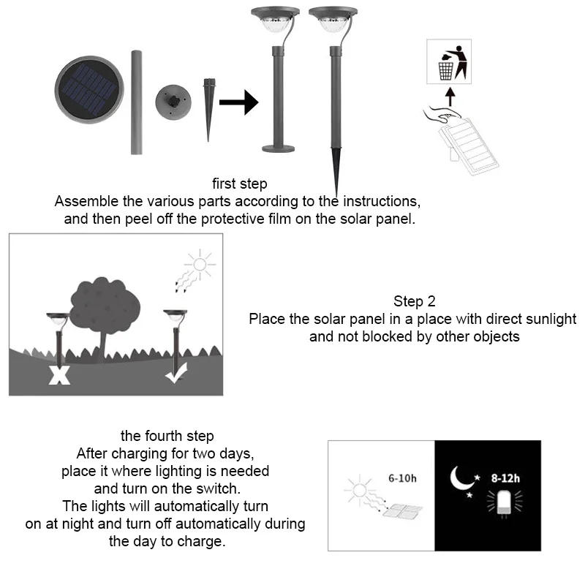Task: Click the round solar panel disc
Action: [x=88, y=89]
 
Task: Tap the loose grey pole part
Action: [x=136, y=102]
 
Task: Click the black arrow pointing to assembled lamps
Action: [x=238, y=102]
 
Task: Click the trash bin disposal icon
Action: [x=448, y=63]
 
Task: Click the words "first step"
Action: [x=240, y=184]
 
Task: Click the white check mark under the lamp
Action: [x=176, y=375]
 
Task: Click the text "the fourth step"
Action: [x=167, y=437]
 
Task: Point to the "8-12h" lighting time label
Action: [x=505, y=479]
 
